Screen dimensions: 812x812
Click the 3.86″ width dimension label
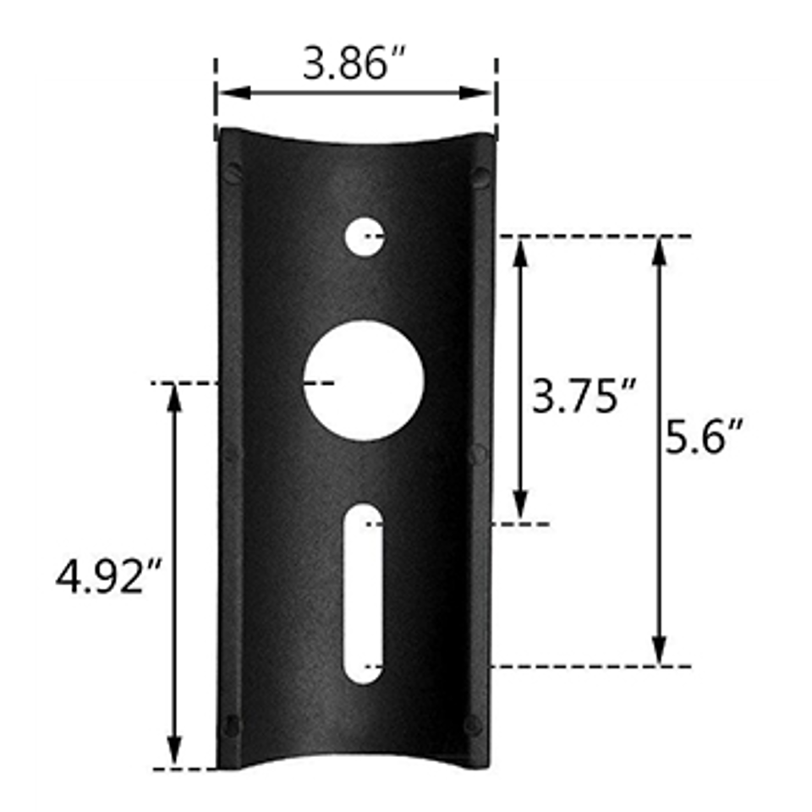[x=354, y=63]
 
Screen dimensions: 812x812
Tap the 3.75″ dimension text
[x=583, y=397]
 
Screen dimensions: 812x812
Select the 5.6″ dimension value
[x=703, y=437]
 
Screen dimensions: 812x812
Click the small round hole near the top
[x=365, y=237]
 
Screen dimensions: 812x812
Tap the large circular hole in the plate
[x=364, y=381]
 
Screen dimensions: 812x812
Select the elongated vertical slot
[x=364, y=594]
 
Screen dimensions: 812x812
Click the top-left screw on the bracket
[x=233, y=173]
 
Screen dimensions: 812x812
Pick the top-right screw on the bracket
[x=481, y=178]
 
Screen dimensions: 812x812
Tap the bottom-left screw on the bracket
[x=231, y=726]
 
